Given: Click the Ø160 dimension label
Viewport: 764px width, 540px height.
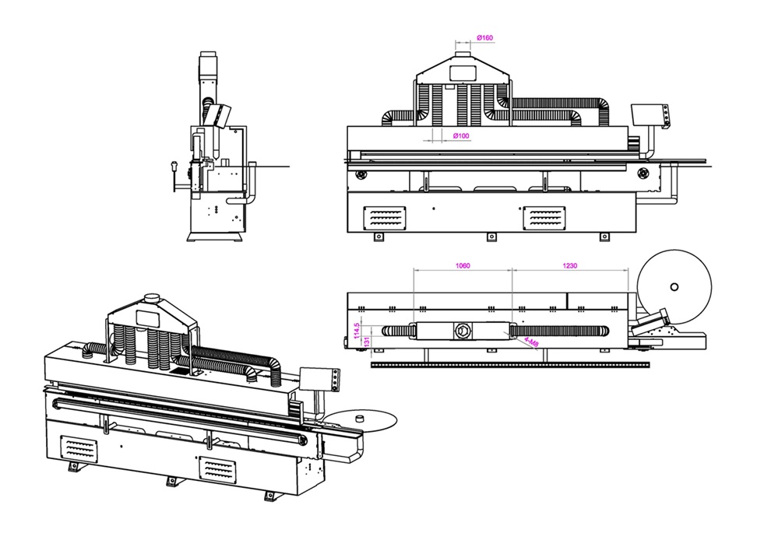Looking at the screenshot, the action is point(485,37).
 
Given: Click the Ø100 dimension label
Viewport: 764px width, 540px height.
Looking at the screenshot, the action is point(461,135).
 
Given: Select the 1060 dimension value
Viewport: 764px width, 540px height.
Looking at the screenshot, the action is point(463,265).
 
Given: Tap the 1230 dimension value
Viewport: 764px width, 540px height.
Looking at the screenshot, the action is point(569,265).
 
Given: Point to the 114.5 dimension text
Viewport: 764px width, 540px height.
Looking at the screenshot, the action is point(357,331).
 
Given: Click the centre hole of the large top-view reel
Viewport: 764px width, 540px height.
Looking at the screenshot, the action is point(674,286).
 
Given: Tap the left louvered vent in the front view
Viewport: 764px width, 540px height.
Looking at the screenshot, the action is point(385,218).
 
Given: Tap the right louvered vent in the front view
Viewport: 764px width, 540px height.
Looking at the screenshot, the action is point(544,218).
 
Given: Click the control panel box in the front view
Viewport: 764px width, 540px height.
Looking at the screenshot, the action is point(650,117).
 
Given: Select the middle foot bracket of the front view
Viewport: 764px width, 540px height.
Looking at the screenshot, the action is point(492,237).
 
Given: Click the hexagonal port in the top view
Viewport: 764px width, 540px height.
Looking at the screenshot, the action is point(460,331).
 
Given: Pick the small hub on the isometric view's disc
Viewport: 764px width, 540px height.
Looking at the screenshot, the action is point(361,417).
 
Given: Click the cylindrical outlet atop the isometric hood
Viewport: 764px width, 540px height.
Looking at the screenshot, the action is point(152,298).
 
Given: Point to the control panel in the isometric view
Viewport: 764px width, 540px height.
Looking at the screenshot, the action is point(319,379).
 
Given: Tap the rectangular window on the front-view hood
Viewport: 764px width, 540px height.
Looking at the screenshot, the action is point(463,72).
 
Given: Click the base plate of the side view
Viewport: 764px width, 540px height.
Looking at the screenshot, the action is point(217,237).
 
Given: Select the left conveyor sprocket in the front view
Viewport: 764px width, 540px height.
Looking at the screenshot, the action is point(361,174).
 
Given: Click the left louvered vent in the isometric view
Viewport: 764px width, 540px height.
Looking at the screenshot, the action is point(79,450).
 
